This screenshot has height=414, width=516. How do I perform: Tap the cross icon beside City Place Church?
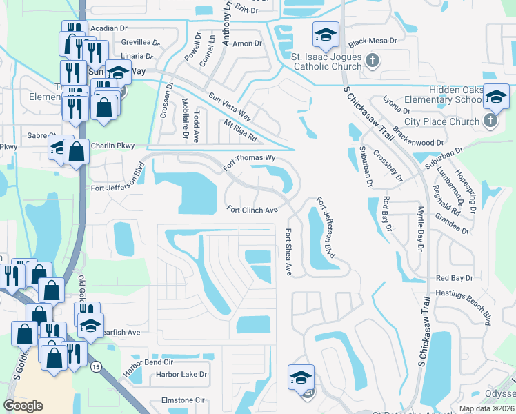pyautogui.click(x=490, y=121)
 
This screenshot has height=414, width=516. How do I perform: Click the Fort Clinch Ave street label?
pyautogui.click(x=252, y=210)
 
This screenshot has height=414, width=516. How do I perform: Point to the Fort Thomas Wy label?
pyautogui.click(x=250, y=163)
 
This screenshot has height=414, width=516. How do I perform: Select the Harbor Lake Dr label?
pyautogui.click(x=181, y=375)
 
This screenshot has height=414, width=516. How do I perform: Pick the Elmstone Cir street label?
pyautogui.click(x=182, y=400)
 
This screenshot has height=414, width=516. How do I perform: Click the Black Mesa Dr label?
pyautogui.click(x=373, y=41)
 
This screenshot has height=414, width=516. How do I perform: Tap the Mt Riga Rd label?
pyautogui.click(x=240, y=130)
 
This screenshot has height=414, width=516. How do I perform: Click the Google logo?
pyautogui.click(x=23, y=406)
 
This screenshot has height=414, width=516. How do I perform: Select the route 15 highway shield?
pyautogui.click(x=95, y=368)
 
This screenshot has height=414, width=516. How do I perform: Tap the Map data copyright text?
pyautogui.click(x=486, y=408)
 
